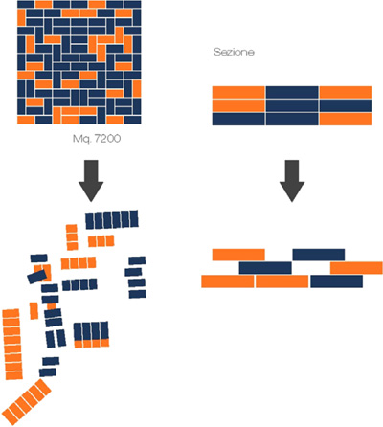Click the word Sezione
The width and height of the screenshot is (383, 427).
(234, 52)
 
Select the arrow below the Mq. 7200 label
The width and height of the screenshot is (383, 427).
(91, 181)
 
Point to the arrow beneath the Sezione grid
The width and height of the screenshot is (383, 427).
(292, 181)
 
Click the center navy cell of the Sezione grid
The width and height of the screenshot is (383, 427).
(292, 105)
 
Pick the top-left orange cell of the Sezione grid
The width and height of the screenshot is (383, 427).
(238, 92)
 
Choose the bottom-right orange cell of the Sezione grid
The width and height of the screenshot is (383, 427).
(346, 119)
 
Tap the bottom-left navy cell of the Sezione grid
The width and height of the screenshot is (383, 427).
(238, 119)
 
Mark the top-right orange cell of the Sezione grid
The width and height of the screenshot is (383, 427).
(346, 92)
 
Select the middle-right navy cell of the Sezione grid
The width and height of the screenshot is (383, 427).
(346, 105)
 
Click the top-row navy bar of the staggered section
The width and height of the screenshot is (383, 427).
(319, 255)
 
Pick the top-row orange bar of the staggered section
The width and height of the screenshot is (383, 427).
(238, 255)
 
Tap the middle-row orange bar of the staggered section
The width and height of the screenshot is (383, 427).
(356, 268)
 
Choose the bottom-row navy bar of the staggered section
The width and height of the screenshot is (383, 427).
(336, 281)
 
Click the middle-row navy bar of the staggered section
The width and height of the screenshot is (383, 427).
(265, 268)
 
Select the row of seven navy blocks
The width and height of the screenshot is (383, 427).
(112, 219)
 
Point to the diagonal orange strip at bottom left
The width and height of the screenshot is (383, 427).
(26, 402)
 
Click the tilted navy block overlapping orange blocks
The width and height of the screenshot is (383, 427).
(37, 277)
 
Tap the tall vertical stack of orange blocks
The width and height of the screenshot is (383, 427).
(12, 345)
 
